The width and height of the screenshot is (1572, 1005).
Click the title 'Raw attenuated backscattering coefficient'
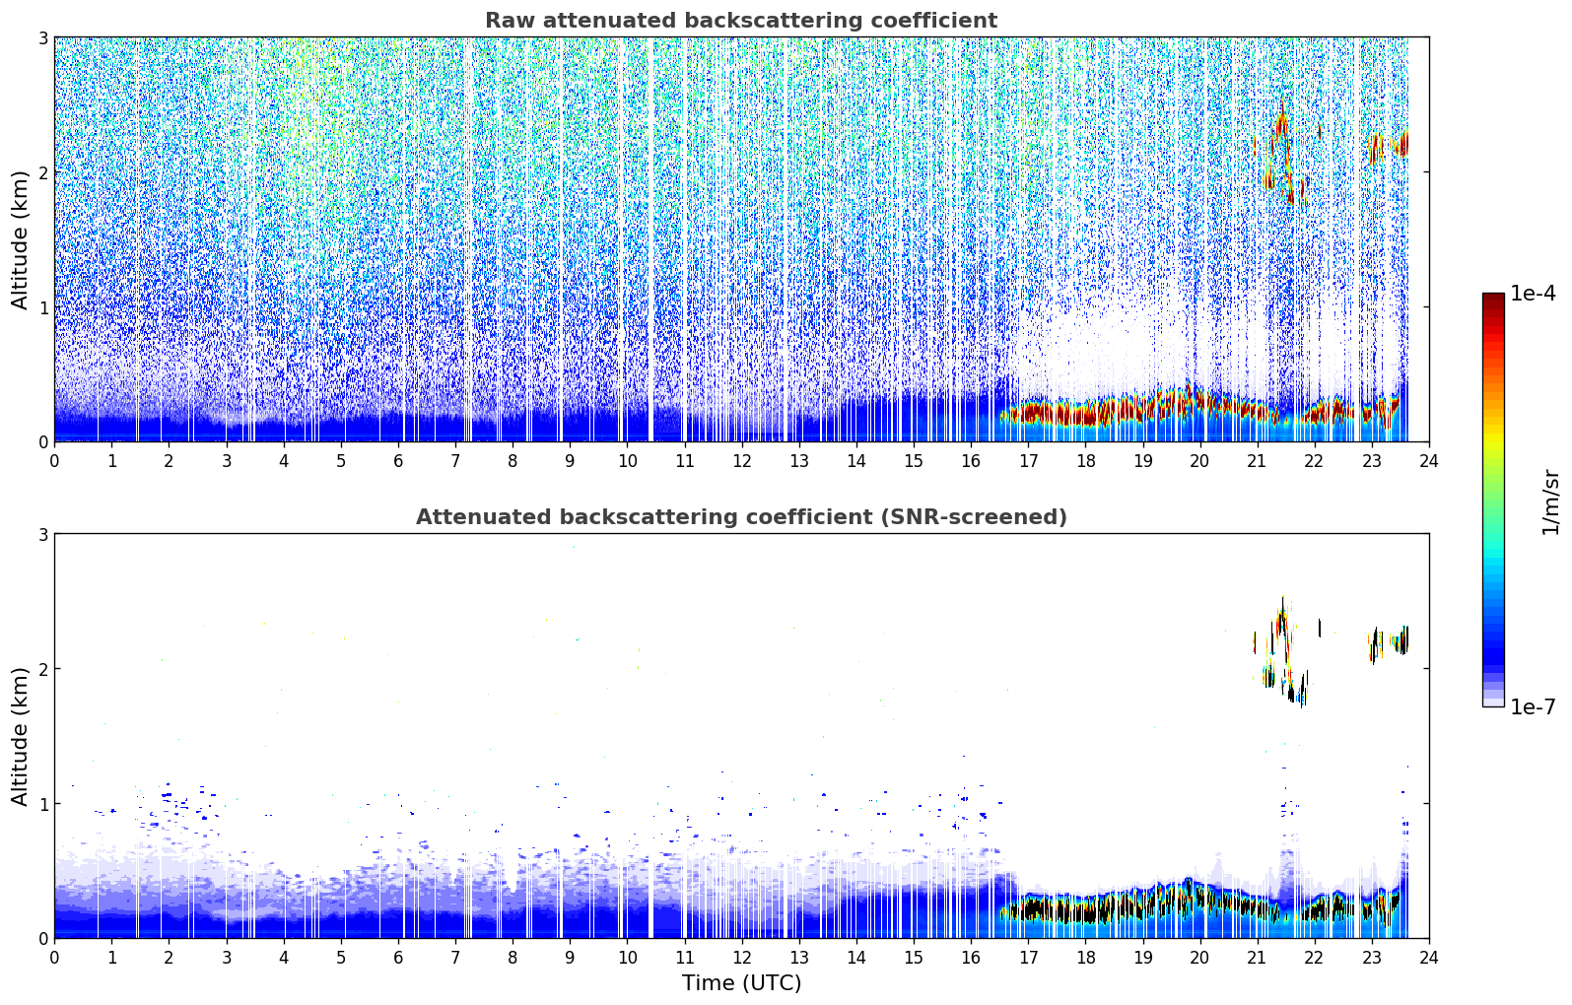(x=741, y=21)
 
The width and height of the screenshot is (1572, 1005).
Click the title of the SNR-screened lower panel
(x=741, y=516)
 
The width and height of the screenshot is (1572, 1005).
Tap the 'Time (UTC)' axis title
(x=741, y=982)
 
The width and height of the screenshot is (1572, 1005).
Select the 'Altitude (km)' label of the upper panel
(x=20, y=240)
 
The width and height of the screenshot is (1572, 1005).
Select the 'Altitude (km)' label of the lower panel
(x=20, y=736)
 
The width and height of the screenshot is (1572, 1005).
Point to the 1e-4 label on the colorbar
(x=1533, y=294)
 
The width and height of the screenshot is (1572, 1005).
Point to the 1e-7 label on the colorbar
(x=1533, y=706)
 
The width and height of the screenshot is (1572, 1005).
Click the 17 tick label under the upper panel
(x=1028, y=461)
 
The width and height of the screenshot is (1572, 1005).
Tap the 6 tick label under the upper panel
(x=398, y=461)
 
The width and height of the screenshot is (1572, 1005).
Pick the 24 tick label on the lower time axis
(x=1429, y=958)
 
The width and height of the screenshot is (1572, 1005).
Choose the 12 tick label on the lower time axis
(x=742, y=958)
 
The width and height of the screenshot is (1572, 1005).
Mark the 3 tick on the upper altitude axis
(x=42, y=37)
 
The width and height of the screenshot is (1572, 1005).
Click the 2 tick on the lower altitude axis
(x=42, y=669)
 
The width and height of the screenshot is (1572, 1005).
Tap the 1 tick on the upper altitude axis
(x=42, y=307)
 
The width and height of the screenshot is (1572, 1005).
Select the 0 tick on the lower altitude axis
(x=42, y=938)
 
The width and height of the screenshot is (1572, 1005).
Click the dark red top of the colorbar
(x=1493, y=299)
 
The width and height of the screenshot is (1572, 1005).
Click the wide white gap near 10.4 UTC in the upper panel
(x=650, y=238)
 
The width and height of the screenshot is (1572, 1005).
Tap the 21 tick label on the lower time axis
(x=1257, y=958)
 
